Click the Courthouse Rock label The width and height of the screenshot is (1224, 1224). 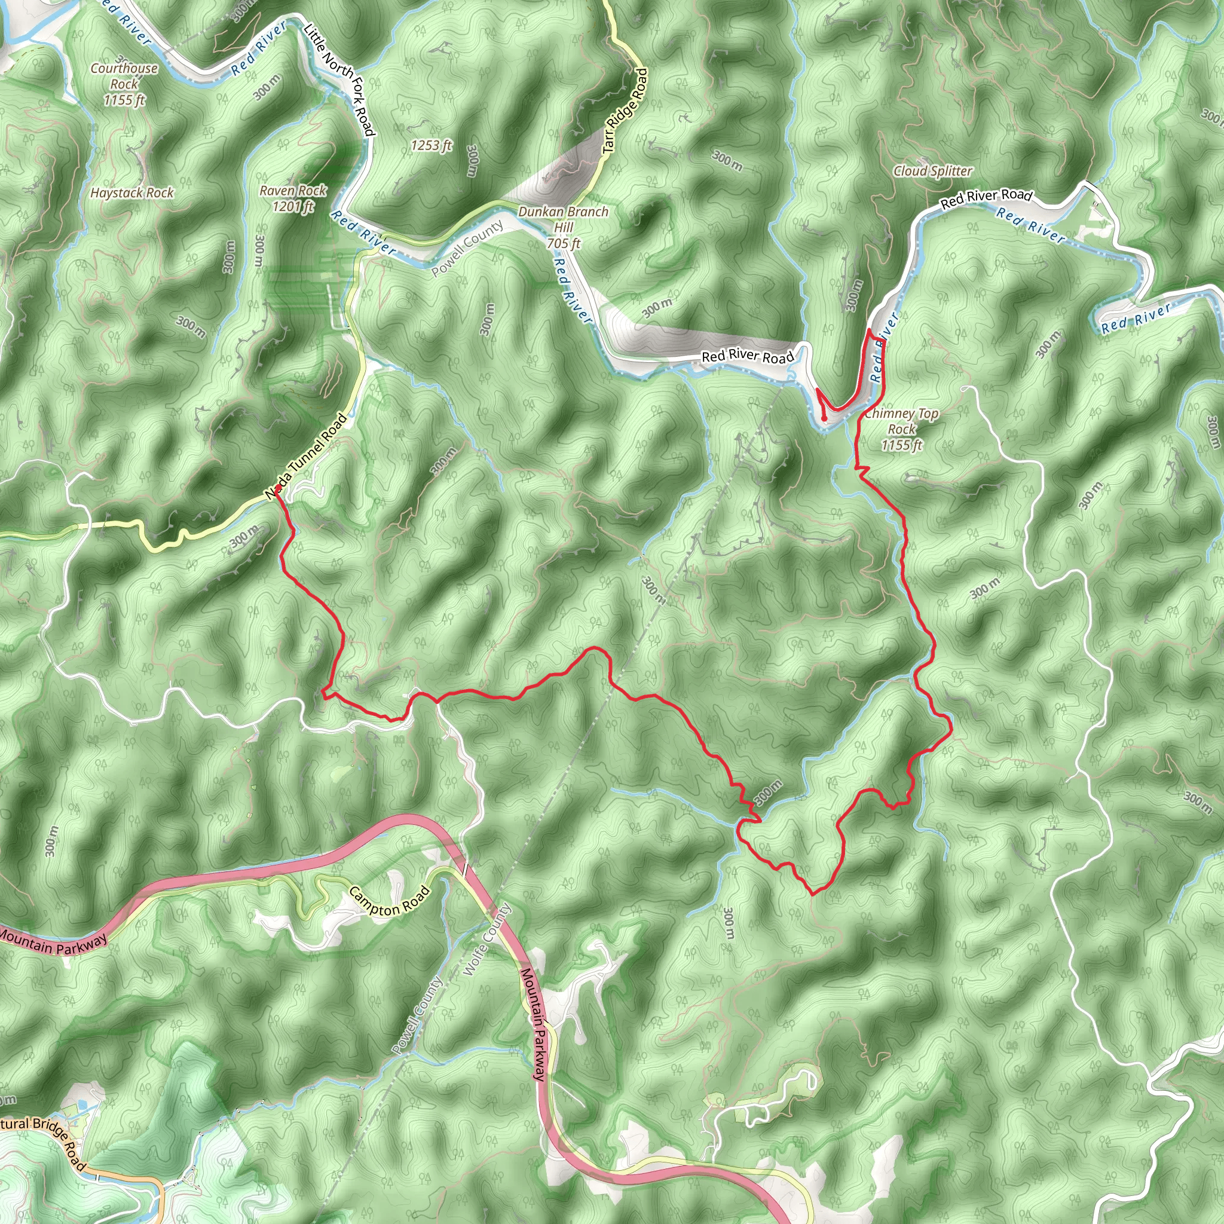[124, 84]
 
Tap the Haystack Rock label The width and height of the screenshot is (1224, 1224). [131, 192]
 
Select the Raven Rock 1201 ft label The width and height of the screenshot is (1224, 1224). [293, 198]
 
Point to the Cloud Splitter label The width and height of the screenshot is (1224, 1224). [932, 171]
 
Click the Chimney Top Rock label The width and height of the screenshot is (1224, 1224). [901, 429]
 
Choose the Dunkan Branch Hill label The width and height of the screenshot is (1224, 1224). [563, 227]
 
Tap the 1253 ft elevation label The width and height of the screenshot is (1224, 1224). [431, 146]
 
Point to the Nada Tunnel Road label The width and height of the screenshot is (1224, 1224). [307, 456]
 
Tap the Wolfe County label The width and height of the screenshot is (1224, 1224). [486, 940]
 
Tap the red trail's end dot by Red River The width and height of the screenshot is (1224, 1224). [824, 419]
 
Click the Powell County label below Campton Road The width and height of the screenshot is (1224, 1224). [417, 1015]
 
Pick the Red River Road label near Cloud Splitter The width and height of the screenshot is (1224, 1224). [986, 198]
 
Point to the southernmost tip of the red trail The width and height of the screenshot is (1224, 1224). [813, 895]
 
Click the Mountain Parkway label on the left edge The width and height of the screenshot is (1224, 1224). [54, 940]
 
